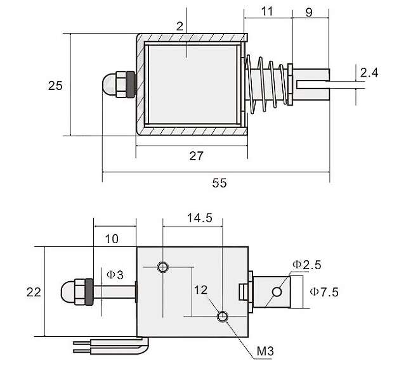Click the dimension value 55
click(219, 183)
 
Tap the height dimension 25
click(55, 84)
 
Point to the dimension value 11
click(267, 11)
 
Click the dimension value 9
click(309, 11)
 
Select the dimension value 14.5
click(199, 217)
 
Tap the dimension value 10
click(112, 239)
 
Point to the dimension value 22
click(35, 292)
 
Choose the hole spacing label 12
click(201, 289)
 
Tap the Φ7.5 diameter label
click(324, 292)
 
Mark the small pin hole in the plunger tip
click(277, 292)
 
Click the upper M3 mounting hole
click(164, 267)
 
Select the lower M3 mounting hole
click(223, 316)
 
